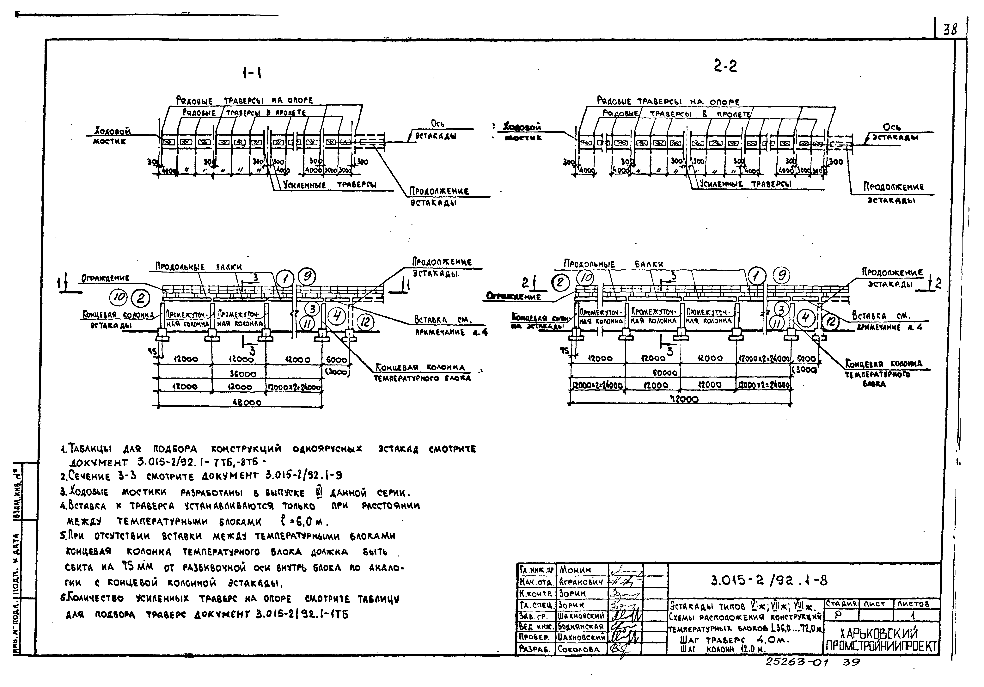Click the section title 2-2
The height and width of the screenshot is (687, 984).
(x=725, y=66)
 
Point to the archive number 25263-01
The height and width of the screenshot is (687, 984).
(x=797, y=662)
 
